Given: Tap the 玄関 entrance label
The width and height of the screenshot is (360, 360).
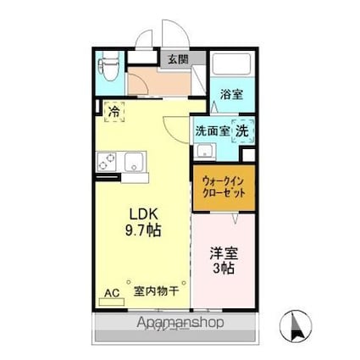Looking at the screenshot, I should [177, 58].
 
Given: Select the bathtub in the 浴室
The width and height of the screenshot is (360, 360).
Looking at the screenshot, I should [228, 67].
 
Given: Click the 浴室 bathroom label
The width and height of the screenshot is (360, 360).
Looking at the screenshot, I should [231, 94].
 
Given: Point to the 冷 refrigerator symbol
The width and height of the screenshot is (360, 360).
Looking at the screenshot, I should [114, 109].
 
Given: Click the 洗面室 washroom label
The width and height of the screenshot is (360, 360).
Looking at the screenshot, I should [212, 130].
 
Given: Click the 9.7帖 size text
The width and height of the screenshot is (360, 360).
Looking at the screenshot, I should [145, 229].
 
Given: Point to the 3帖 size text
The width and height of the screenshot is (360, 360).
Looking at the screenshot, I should [224, 269].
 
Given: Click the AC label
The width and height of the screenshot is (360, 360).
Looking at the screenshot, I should [111, 294].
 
